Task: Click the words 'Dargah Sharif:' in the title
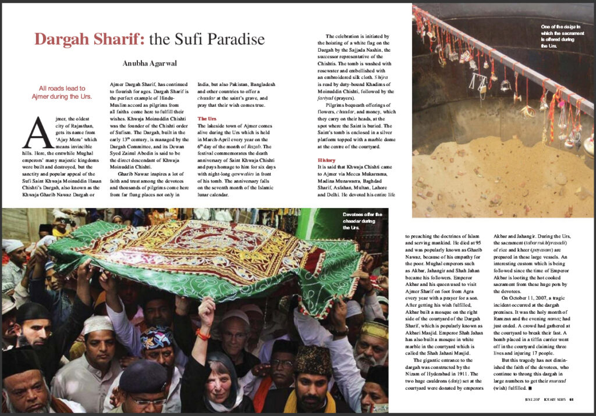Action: [x=88, y=40]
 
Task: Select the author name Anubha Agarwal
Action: [x=150, y=63]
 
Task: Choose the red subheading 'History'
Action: [x=327, y=159]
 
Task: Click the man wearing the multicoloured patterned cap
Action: [x=157, y=343]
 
